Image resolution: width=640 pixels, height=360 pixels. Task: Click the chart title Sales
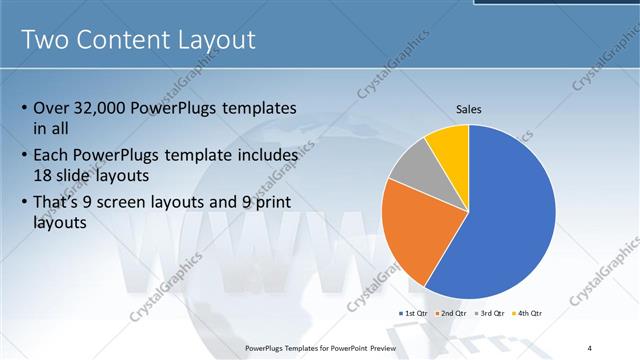(469, 108)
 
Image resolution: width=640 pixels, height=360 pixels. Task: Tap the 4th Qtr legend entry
(529, 314)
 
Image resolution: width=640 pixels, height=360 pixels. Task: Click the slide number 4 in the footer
(589, 347)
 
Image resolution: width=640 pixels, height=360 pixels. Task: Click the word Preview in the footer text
(389, 347)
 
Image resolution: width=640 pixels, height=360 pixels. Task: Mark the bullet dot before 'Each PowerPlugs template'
(24, 157)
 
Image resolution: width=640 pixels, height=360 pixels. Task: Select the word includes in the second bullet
(263, 156)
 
